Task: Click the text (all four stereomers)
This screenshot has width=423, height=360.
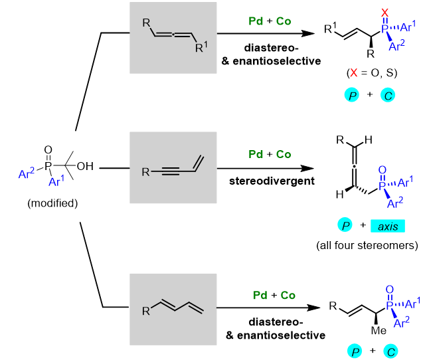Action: coord(366,246)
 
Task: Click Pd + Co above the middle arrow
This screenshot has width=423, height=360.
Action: coord(269,154)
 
